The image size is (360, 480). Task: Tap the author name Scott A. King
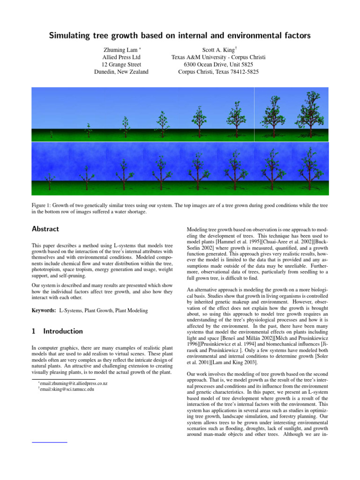218,49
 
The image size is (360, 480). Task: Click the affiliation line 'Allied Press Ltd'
121,57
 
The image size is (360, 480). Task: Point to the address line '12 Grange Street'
121,64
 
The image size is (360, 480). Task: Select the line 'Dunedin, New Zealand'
121,72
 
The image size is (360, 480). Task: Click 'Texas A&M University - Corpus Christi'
218,57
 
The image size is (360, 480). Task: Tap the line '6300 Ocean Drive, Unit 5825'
218,64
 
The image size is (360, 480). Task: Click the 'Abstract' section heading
45,229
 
